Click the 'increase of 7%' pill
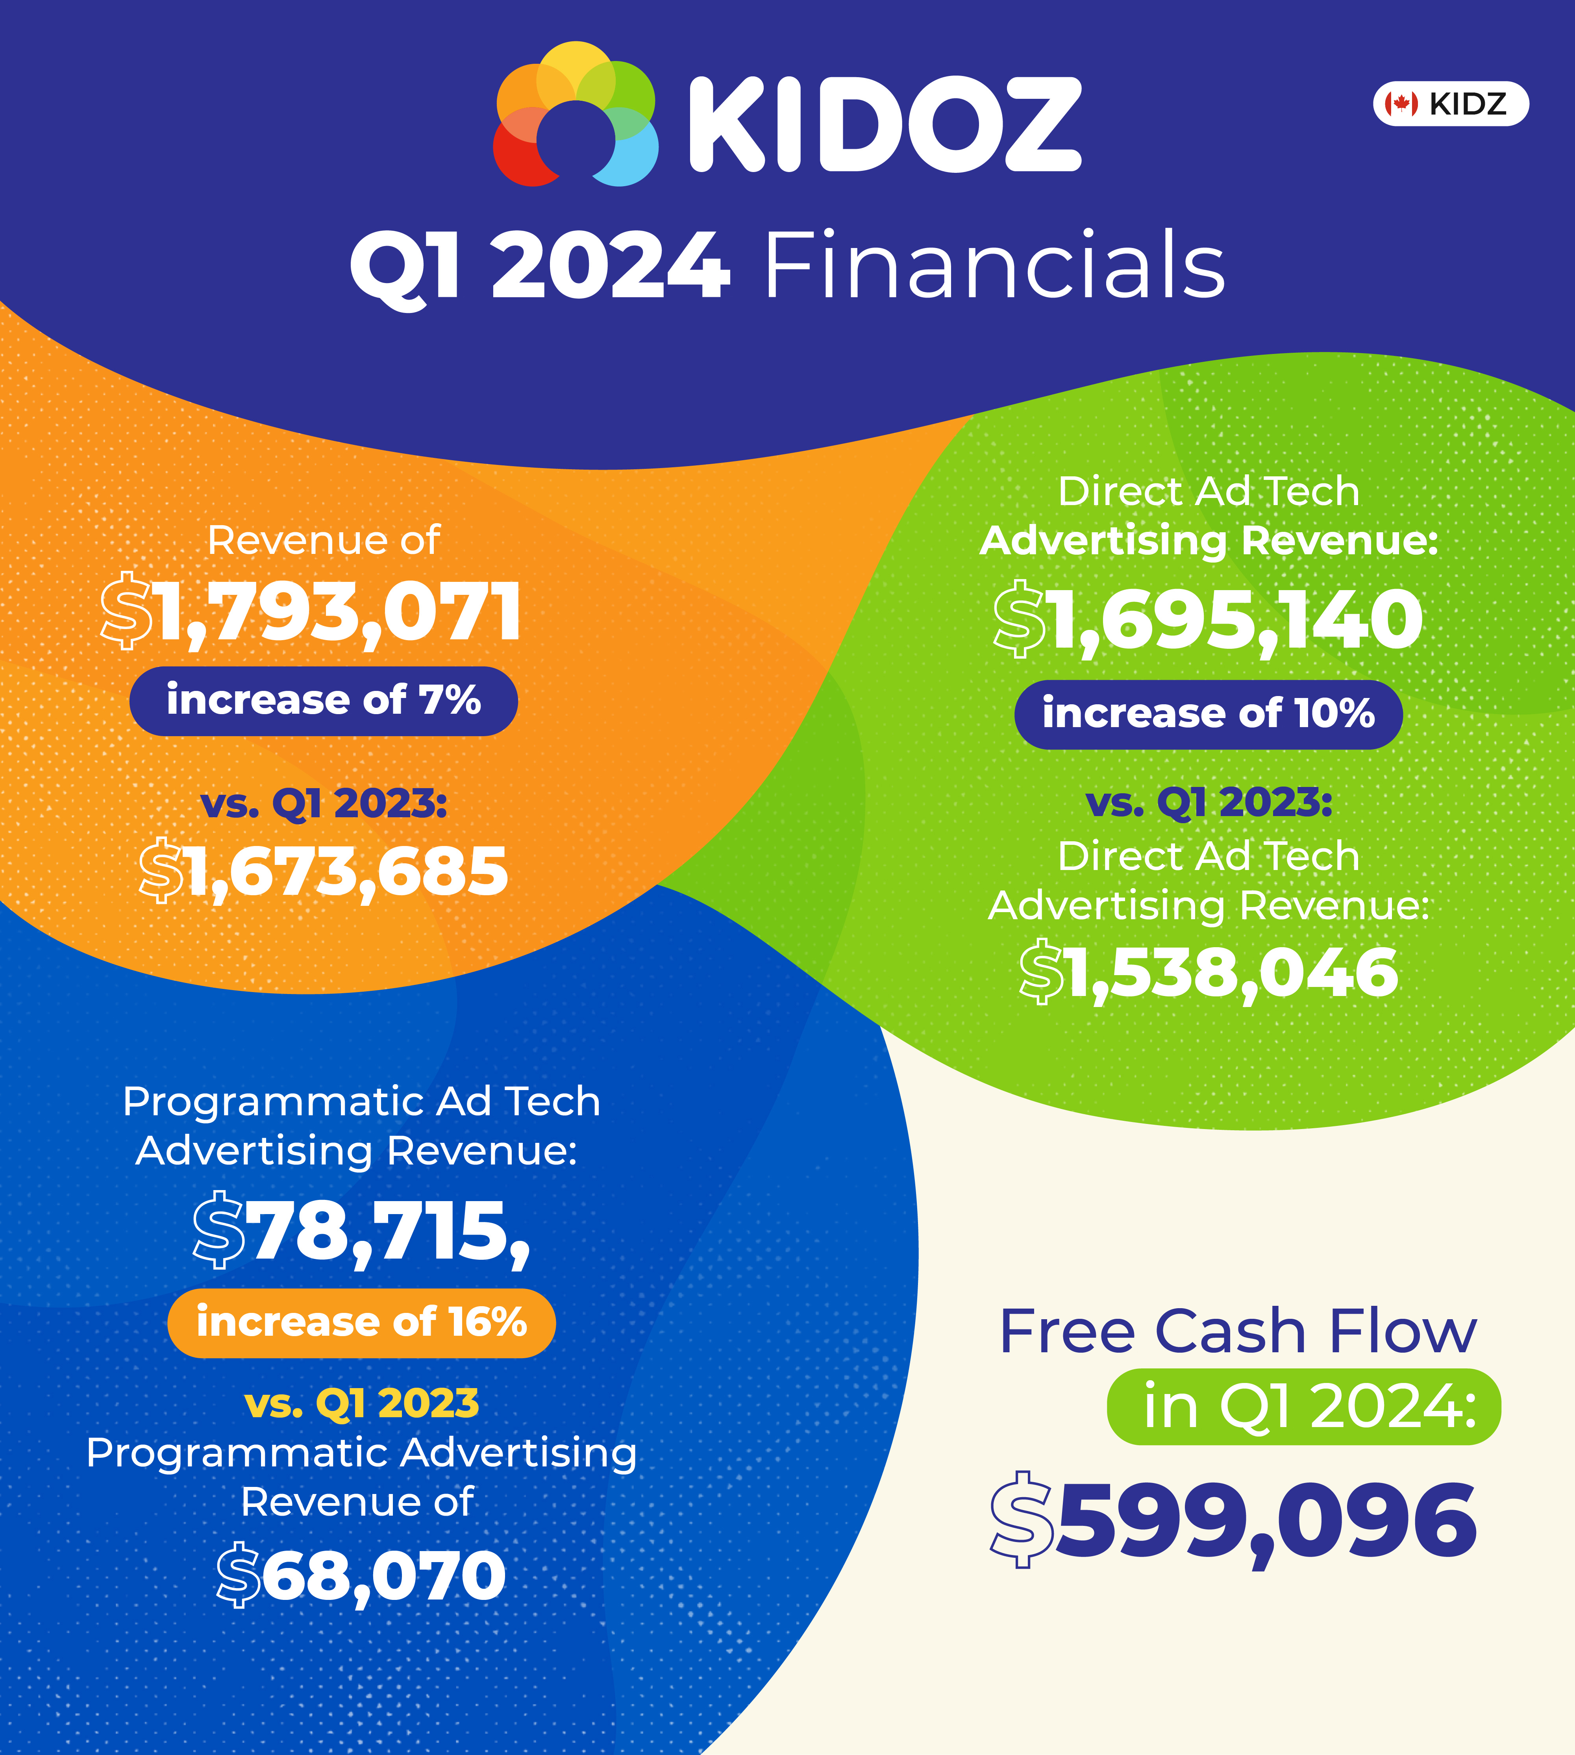pos(324,701)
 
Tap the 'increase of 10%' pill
pos(1208,714)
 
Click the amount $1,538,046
pos(1208,973)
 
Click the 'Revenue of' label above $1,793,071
pos(324,541)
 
